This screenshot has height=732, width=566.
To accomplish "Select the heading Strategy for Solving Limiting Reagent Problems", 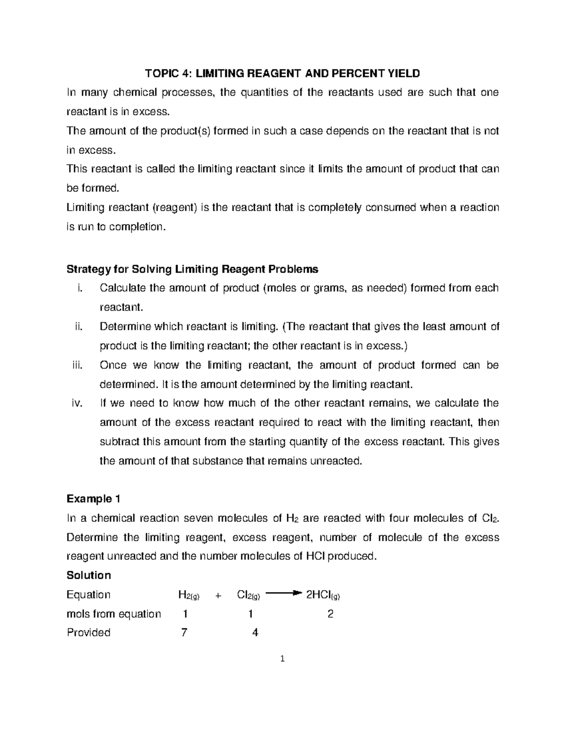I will pos(192,269).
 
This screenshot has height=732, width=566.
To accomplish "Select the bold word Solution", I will pos(89,575).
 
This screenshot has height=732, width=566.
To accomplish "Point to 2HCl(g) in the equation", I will pos(323,595).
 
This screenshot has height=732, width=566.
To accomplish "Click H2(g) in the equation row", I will pos(189,595).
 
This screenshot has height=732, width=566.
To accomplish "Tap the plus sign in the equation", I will pos(218,595).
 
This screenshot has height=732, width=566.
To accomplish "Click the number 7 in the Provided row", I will pos(184,633).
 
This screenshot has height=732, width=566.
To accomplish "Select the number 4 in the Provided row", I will pos(255,633).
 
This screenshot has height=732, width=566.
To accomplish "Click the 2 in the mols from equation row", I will pos(330,614).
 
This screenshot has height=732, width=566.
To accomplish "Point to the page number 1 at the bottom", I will pos(283,659).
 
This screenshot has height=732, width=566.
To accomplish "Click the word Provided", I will pos(88,633).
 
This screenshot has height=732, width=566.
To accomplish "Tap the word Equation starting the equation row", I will pos(88,594).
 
